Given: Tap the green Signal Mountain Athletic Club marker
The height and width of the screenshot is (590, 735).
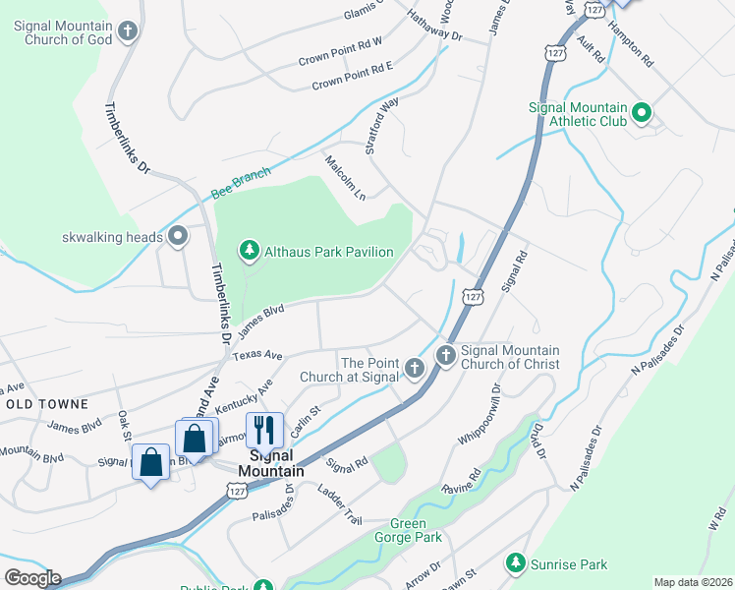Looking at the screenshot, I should point(642,114).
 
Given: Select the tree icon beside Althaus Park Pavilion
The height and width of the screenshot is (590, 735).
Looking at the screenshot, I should point(251,252).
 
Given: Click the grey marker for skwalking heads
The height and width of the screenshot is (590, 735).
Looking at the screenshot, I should point(178,236).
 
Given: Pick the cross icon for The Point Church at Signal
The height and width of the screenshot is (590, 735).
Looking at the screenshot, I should point(414,370).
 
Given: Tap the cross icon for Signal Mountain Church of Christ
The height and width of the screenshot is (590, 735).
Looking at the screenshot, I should point(445,355).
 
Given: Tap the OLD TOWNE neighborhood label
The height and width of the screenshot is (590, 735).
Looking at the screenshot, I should point(47,404).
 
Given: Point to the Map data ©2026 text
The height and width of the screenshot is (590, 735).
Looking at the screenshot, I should point(693,582).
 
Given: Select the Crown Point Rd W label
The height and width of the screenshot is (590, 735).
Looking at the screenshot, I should point(339,58).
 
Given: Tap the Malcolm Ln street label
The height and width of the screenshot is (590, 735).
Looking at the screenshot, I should point(345,177).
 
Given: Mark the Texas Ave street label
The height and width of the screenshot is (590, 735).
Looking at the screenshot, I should point(259,354).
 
